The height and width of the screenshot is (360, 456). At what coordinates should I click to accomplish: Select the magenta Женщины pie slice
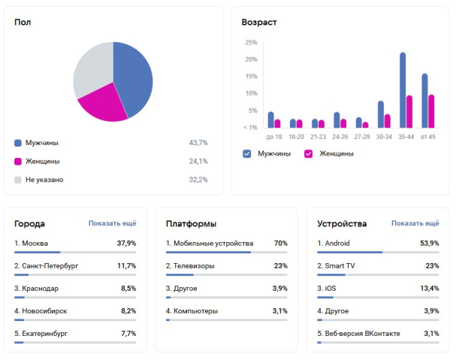(x=105, y=105)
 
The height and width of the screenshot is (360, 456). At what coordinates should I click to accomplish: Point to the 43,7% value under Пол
(x=198, y=142)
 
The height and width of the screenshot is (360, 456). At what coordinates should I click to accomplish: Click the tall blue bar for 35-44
(x=403, y=90)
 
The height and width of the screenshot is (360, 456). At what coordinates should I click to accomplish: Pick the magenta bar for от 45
(x=431, y=110)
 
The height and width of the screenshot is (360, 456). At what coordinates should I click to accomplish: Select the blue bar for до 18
(x=270, y=119)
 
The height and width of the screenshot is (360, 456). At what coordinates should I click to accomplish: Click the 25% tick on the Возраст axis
(x=251, y=42)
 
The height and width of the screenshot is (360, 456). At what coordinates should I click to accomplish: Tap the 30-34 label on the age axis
(x=384, y=137)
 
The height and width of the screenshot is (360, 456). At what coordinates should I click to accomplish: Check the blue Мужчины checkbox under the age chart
(x=247, y=153)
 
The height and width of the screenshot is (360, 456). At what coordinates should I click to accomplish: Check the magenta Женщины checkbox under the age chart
(x=308, y=153)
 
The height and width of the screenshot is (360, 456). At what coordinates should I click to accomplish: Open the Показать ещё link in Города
(x=112, y=223)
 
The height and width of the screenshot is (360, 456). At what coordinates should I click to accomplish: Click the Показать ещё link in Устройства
(x=415, y=223)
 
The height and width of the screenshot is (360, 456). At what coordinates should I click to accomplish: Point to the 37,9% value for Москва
(x=126, y=244)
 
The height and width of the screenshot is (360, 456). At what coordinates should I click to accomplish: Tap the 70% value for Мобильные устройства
(x=280, y=244)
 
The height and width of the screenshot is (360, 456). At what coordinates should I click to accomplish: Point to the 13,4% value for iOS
(x=429, y=288)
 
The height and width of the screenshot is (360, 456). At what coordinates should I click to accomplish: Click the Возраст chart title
(x=259, y=22)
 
